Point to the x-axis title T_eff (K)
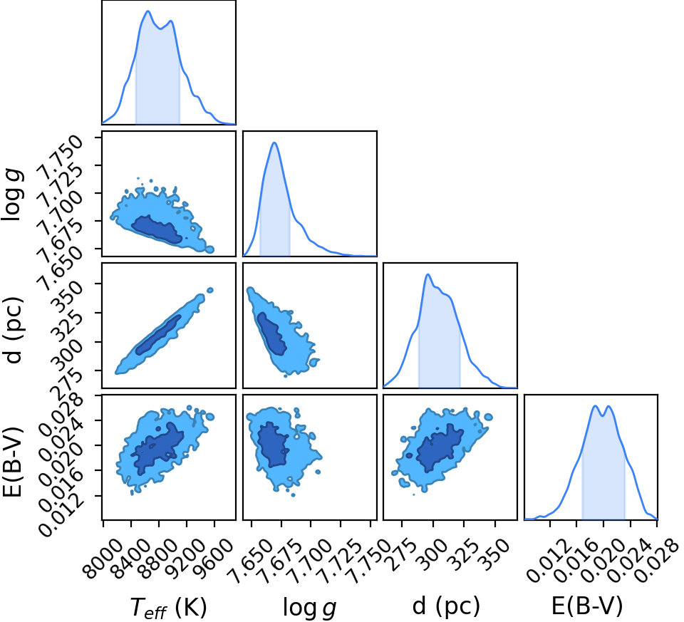click(168, 607)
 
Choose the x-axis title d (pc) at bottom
click(446, 606)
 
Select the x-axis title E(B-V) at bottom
click(587, 606)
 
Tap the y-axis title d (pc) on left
click(13, 330)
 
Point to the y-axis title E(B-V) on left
click(13, 462)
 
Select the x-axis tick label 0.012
click(546, 561)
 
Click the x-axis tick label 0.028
click(654, 561)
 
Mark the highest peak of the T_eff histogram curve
click(148, 11)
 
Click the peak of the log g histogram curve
click(274, 142)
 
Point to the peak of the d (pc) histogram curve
click(428, 274)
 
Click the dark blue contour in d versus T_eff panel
click(158, 335)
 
